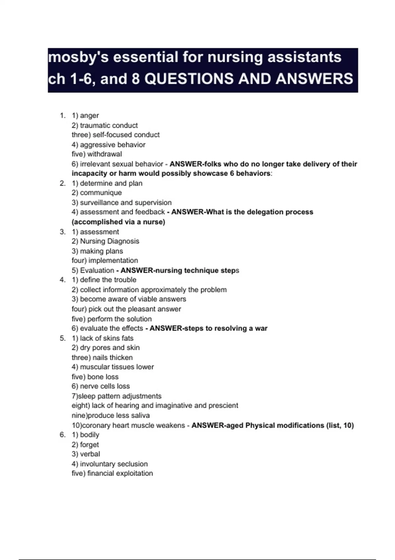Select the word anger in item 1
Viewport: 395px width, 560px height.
coord(89,116)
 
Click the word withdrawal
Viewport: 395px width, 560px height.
coord(104,154)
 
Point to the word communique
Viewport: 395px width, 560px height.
coord(101,193)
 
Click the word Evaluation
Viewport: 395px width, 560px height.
coord(97,270)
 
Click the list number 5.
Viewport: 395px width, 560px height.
coord(62,338)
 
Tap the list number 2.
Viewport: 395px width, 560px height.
coord(62,183)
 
